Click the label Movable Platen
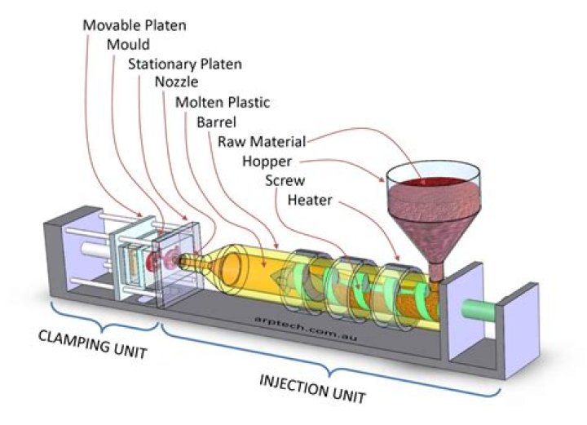point(135,24)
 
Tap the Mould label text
point(127,44)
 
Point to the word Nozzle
point(175,83)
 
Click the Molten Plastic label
point(222,103)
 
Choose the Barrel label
point(217,122)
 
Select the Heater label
point(310,199)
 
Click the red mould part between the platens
point(155,261)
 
